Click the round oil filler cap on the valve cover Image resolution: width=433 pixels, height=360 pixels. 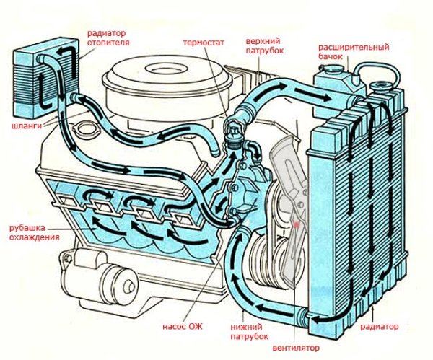(x=88, y=131)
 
